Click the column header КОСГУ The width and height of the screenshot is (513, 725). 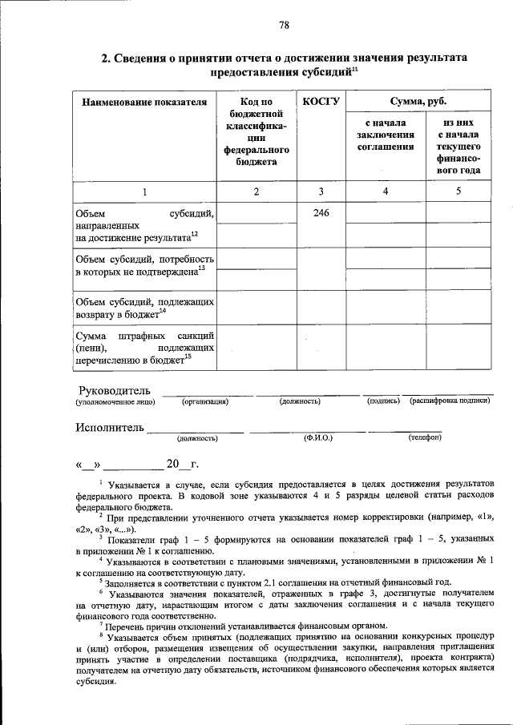click(x=321, y=102)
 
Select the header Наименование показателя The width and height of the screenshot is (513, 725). click(x=145, y=102)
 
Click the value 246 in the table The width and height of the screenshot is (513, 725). click(x=321, y=213)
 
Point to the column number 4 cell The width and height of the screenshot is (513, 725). click(x=386, y=191)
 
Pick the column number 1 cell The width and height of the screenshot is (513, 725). click(x=145, y=191)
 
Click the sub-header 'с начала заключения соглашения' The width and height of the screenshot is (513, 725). click(x=386, y=135)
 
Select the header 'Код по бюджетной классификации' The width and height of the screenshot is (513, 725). click(x=256, y=131)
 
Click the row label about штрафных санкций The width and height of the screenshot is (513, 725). click(x=144, y=348)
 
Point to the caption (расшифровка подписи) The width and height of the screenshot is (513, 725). click(x=449, y=401)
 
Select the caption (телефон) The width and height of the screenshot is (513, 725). click(x=425, y=438)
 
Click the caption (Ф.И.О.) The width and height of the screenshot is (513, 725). click(x=318, y=438)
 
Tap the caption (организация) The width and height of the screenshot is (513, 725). click(x=205, y=401)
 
